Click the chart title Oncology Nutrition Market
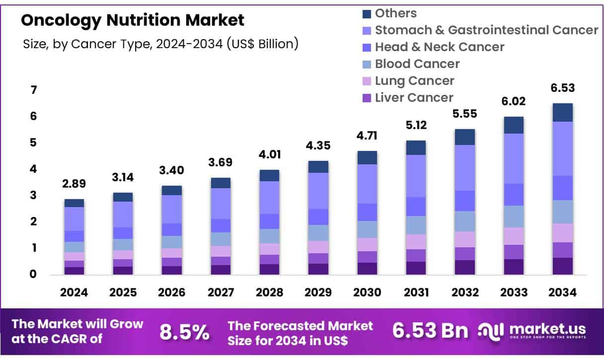click(x=133, y=20)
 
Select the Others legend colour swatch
click(x=367, y=13)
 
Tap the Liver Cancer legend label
click(x=414, y=98)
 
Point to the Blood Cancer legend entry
click(x=417, y=64)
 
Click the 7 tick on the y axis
click(x=34, y=90)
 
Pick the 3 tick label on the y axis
click(x=34, y=195)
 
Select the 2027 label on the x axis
click(x=221, y=292)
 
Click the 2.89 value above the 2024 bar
click(x=74, y=184)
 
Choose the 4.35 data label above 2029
click(x=318, y=146)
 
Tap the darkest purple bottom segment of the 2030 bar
click(x=367, y=269)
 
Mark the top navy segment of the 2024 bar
click(x=74, y=203)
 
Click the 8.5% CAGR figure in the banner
click(x=184, y=333)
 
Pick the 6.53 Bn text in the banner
click(x=430, y=331)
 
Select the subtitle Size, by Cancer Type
click(x=160, y=44)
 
